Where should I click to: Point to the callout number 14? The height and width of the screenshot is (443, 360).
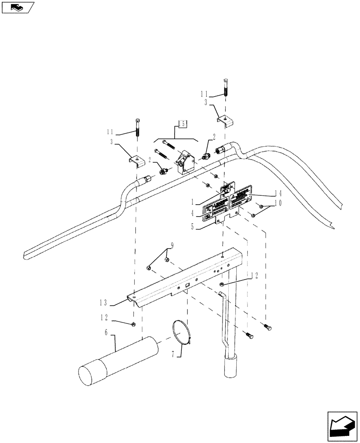point(265,194)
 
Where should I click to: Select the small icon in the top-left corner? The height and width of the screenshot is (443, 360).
point(18,7)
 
